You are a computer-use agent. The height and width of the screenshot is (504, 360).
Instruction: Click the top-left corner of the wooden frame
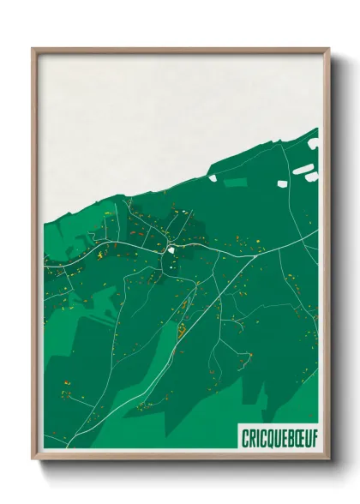[x=33, y=49]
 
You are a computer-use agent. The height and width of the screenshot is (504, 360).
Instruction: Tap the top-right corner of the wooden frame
[x=328, y=49]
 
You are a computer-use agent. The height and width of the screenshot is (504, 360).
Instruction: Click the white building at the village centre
[x=172, y=249]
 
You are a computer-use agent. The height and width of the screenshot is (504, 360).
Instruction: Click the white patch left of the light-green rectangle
[x=211, y=179]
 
